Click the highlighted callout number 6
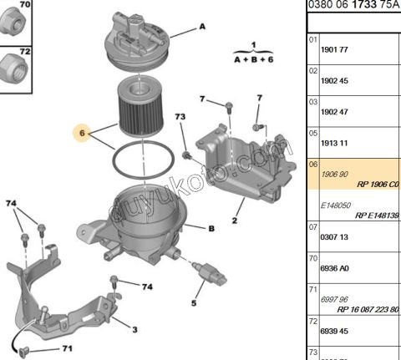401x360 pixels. click(82, 132)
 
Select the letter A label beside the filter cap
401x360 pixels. click(201, 27)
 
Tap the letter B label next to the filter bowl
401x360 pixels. click(211, 227)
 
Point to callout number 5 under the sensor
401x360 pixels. click(193, 302)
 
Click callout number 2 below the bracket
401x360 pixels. click(235, 221)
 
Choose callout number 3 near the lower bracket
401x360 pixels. click(135, 329)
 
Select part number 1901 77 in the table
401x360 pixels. click(334, 49)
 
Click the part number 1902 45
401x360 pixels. click(334, 81)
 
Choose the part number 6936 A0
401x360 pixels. click(334, 269)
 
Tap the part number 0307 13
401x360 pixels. click(334, 237)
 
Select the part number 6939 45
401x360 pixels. click(334, 332)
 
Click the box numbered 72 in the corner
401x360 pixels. click(24, 52)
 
